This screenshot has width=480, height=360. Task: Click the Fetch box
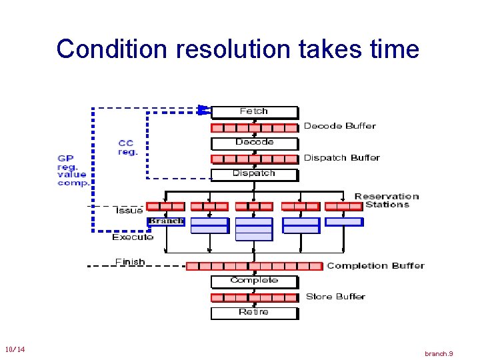tap(254, 112)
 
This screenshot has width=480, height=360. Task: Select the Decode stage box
tap(254, 143)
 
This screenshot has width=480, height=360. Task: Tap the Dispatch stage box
tap(254, 174)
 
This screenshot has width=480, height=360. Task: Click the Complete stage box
tap(254, 281)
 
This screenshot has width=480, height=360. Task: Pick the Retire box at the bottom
tap(254, 313)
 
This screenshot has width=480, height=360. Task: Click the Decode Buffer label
tap(339, 126)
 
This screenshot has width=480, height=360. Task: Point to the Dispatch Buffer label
tap(341, 158)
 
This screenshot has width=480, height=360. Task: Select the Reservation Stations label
tap(387, 201)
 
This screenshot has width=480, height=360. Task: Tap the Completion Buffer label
tap(375, 266)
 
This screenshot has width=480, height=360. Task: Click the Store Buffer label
tap(335, 297)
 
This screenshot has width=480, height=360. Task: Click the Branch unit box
tap(165, 221)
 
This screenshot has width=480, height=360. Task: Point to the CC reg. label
tap(128, 147)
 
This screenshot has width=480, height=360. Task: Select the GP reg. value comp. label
tap(73, 171)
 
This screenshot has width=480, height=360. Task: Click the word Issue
tap(129, 211)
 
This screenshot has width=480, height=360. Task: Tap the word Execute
tap(133, 237)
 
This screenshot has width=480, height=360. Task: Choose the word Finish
tap(129, 261)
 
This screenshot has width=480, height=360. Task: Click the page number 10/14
tap(15, 350)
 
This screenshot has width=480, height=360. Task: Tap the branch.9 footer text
tap(439, 353)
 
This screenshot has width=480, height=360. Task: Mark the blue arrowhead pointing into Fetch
tap(205, 109)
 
